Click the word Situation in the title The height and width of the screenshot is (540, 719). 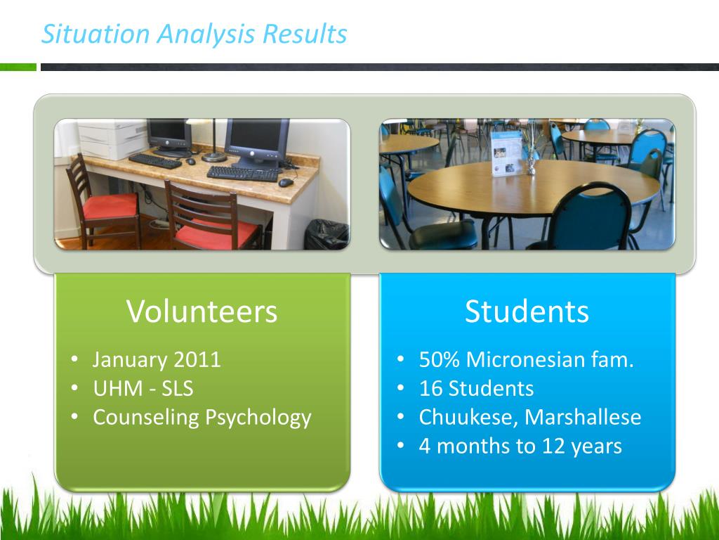tap(95, 34)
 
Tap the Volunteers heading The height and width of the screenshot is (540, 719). tap(202, 311)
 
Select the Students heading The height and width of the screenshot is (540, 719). tap(527, 311)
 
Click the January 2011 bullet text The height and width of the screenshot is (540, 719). tap(157, 359)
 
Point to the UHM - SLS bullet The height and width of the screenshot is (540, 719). tap(143, 388)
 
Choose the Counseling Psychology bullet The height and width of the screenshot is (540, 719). tap(202, 418)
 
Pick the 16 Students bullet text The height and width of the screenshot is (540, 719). tap(477, 388)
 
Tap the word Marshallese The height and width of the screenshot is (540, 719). tap(582, 417)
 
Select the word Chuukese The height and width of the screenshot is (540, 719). tap(468, 418)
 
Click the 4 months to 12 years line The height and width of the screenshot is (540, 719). tap(520, 446)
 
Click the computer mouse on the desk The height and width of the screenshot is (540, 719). tap(286, 182)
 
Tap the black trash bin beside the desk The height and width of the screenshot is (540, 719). tap(326, 234)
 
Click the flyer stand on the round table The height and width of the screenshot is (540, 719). tap(506, 153)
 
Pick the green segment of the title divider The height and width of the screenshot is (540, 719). tap(18, 67)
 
